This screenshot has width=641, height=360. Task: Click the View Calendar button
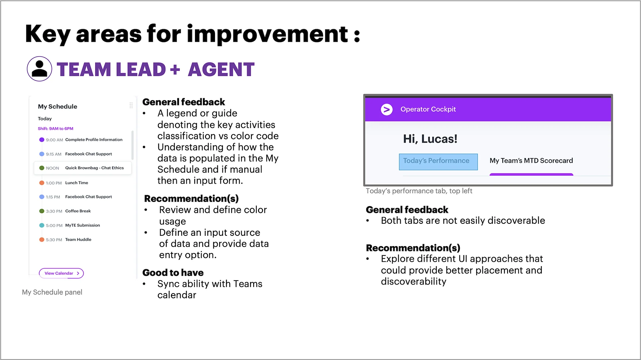[x=61, y=273]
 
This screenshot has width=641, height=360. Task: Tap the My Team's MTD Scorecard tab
[x=531, y=161]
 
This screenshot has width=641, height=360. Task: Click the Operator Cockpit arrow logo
[x=387, y=109]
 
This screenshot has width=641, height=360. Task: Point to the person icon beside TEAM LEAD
[x=39, y=69]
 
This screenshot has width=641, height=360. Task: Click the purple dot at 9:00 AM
[x=42, y=140]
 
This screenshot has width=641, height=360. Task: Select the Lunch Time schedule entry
[x=76, y=183]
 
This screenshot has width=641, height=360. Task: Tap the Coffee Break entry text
[x=78, y=211]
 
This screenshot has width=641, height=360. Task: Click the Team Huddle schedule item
[x=78, y=239]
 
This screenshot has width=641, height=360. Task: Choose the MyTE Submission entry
[x=82, y=225]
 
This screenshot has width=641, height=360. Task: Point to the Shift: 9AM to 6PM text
[x=55, y=129]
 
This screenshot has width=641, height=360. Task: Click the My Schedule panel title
[x=57, y=107]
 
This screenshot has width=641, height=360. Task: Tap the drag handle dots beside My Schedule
[x=131, y=106]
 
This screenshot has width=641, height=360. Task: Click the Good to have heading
[x=173, y=273]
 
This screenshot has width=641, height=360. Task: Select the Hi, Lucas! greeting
[x=430, y=139]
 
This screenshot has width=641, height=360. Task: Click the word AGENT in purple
[x=221, y=69]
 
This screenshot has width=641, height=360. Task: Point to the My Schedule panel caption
[x=52, y=292]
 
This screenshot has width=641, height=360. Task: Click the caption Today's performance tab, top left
[x=419, y=191]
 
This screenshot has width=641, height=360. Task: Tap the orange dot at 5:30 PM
[x=42, y=239]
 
